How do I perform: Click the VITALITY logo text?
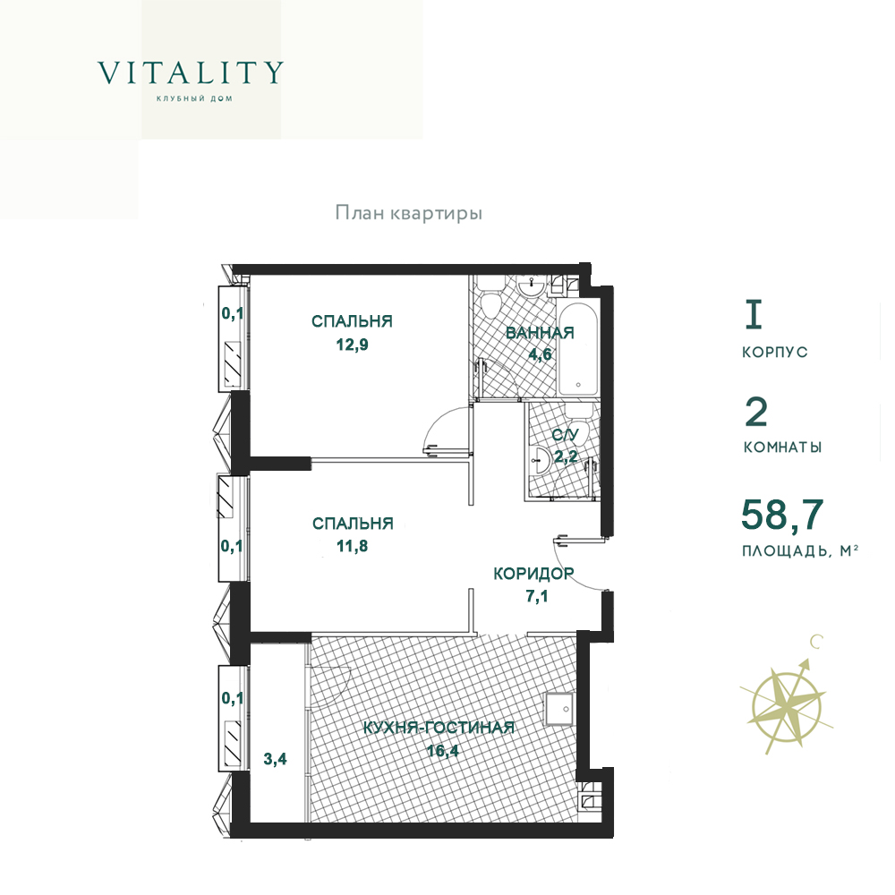click(x=191, y=72)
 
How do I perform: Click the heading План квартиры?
click(x=409, y=214)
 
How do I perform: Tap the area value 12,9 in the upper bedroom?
click(x=352, y=345)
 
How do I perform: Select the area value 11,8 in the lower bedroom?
click(x=352, y=546)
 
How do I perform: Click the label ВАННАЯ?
click(x=540, y=333)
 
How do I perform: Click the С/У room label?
click(x=565, y=435)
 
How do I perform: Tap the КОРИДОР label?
click(x=533, y=573)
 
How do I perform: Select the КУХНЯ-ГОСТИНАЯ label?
click(x=439, y=728)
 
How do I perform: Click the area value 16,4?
click(x=443, y=750)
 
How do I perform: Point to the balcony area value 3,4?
click(x=275, y=759)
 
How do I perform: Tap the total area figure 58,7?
click(x=782, y=515)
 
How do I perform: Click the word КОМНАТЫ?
click(x=782, y=447)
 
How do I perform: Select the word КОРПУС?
click(x=775, y=352)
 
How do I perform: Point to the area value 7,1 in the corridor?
click(x=536, y=596)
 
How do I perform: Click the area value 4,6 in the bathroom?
click(x=540, y=354)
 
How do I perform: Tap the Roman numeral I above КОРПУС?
click(x=754, y=316)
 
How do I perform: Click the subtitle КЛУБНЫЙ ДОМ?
click(x=194, y=98)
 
